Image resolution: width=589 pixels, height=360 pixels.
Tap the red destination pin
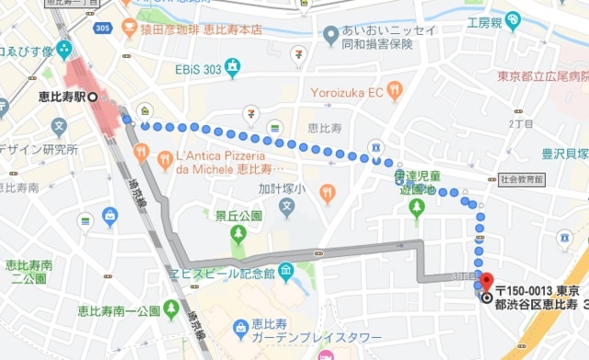click(487, 284)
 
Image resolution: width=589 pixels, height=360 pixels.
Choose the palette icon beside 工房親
click(513, 19)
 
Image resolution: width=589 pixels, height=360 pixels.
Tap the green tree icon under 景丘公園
click(238, 233)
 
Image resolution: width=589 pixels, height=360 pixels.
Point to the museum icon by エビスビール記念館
click(285, 272)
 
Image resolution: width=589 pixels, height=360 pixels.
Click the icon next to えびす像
click(64, 47)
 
